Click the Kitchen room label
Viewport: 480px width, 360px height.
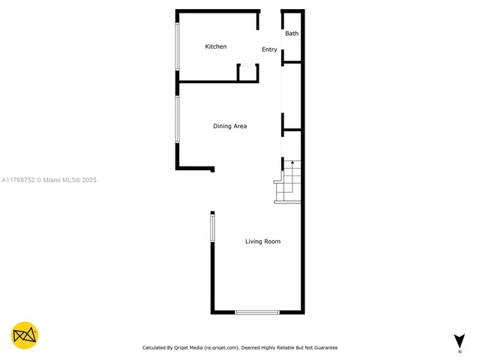click(216, 46)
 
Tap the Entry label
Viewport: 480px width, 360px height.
click(269, 49)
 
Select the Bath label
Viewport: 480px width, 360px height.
click(292, 34)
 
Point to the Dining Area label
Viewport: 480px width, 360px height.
click(229, 126)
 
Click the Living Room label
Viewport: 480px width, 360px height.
click(262, 241)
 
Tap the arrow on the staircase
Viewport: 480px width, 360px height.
click(292, 163)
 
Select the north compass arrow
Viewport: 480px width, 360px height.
click(459, 340)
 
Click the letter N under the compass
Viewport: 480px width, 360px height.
click(459, 351)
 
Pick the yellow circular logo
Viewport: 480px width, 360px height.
click(25, 335)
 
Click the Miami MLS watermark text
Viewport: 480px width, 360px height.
click(49, 180)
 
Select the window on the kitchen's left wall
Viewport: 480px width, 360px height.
click(178, 46)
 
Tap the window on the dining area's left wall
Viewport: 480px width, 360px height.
click(178, 119)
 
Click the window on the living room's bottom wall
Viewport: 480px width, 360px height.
click(257, 312)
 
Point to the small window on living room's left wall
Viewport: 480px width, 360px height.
click(212, 228)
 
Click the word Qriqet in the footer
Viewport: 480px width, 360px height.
click(183, 348)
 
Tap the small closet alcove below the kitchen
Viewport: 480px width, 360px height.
click(247, 73)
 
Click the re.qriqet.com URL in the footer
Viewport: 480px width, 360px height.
click(221, 348)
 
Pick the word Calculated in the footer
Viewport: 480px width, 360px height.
click(155, 348)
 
